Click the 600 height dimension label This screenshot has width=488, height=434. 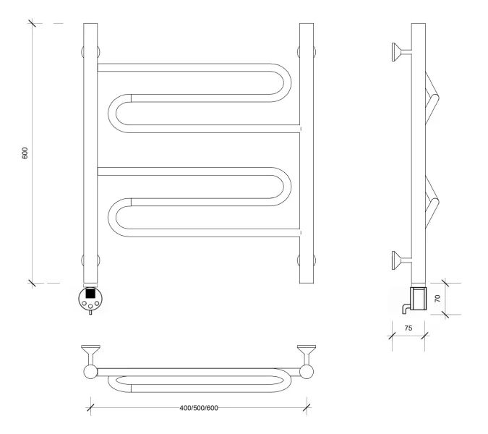(25, 153)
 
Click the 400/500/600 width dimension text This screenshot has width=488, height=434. (199, 408)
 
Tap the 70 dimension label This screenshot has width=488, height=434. (437, 299)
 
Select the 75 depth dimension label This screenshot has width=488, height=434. (408, 328)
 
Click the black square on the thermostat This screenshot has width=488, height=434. (90, 293)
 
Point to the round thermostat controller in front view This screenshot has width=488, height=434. (90, 299)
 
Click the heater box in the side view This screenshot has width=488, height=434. (418, 299)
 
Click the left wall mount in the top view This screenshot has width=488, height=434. (90, 354)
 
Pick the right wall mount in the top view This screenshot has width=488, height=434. (307, 354)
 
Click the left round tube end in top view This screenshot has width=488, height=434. (90, 372)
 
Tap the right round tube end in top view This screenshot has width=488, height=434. (307, 372)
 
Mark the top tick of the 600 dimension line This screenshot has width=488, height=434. (32, 23)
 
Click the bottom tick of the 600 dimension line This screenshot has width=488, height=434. (32, 283)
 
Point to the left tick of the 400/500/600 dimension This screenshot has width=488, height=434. (90, 407)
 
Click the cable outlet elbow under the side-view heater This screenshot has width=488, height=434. (406, 309)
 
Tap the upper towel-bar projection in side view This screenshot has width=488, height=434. (432, 98)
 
